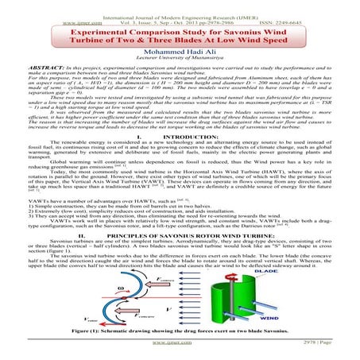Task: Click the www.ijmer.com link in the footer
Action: tap(180, 355)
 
